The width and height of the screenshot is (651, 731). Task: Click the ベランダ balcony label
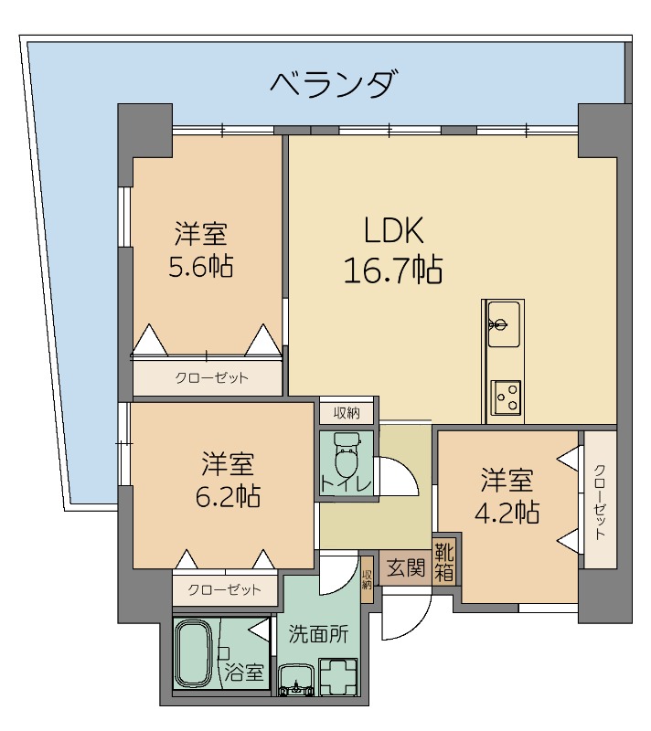click(x=335, y=84)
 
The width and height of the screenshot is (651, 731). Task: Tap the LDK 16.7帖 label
click(x=393, y=249)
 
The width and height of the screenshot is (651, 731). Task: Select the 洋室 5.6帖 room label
click(x=201, y=249)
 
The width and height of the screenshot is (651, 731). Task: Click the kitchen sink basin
click(x=504, y=324)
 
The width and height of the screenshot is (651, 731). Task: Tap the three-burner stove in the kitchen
click(x=507, y=397)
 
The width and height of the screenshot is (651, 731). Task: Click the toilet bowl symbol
click(x=346, y=454)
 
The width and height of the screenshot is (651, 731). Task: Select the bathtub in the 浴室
click(x=194, y=653)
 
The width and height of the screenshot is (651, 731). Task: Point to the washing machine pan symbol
click(x=338, y=676)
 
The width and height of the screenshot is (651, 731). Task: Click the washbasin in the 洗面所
click(x=296, y=680)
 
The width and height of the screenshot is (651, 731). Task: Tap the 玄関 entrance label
click(x=406, y=568)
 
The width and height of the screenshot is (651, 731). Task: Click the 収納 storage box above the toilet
click(x=347, y=413)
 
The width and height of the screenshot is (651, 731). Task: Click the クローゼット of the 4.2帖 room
click(x=600, y=499)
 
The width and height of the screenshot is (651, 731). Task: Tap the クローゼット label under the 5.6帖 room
click(x=211, y=377)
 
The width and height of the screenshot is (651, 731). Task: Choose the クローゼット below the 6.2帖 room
click(x=225, y=590)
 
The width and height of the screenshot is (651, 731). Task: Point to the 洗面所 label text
click(x=318, y=634)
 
